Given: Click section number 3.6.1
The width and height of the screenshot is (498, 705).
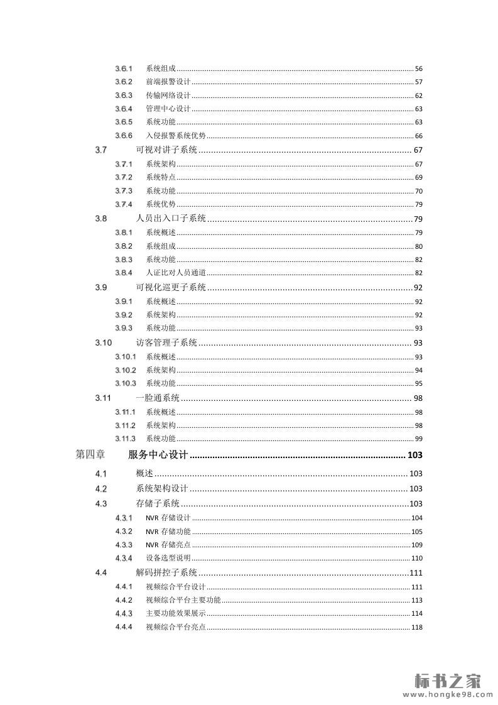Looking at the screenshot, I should pos(123,68).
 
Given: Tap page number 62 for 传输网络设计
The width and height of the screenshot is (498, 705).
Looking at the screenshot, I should pos(418,96).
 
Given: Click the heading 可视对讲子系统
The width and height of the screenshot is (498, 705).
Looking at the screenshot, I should pos(166,150).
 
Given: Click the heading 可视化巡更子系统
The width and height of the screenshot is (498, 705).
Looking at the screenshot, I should pos(171,288).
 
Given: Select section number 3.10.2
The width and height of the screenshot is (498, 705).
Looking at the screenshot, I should pos(125,370).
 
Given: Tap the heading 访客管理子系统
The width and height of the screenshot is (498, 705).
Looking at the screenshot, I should pos(166,342).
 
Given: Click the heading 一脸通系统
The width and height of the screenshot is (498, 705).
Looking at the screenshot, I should pos(158,398).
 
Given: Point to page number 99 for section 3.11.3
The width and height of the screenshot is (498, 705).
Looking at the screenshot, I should pos(418,439).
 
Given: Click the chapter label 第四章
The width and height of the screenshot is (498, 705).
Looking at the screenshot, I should pos(90,454).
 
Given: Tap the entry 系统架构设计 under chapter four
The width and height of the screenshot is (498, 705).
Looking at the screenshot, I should pos(162,489).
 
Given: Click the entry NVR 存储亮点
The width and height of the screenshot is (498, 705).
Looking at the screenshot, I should pos(168,545).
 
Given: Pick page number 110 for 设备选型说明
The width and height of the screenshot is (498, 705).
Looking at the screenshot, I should pos(417,559).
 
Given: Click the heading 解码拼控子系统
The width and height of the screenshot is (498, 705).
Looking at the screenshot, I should pos(166,572).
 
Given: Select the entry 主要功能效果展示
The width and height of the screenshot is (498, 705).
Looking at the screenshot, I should pos(176,613).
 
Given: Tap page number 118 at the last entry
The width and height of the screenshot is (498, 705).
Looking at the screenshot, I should pos(417,627).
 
